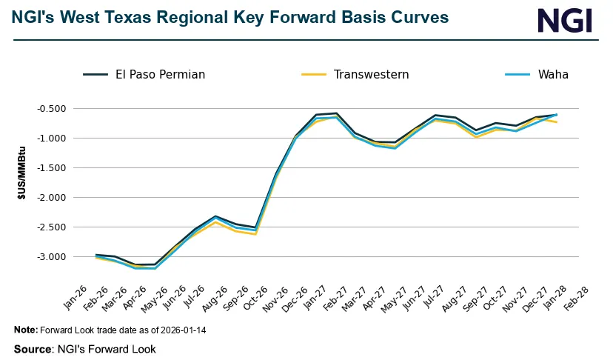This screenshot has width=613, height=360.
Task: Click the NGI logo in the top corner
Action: tap(564, 20)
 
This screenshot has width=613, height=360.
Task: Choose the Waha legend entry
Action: tap(554, 74)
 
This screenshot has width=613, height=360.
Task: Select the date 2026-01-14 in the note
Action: tap(181, 330)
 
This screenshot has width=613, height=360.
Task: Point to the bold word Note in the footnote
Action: tap(26, 330)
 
